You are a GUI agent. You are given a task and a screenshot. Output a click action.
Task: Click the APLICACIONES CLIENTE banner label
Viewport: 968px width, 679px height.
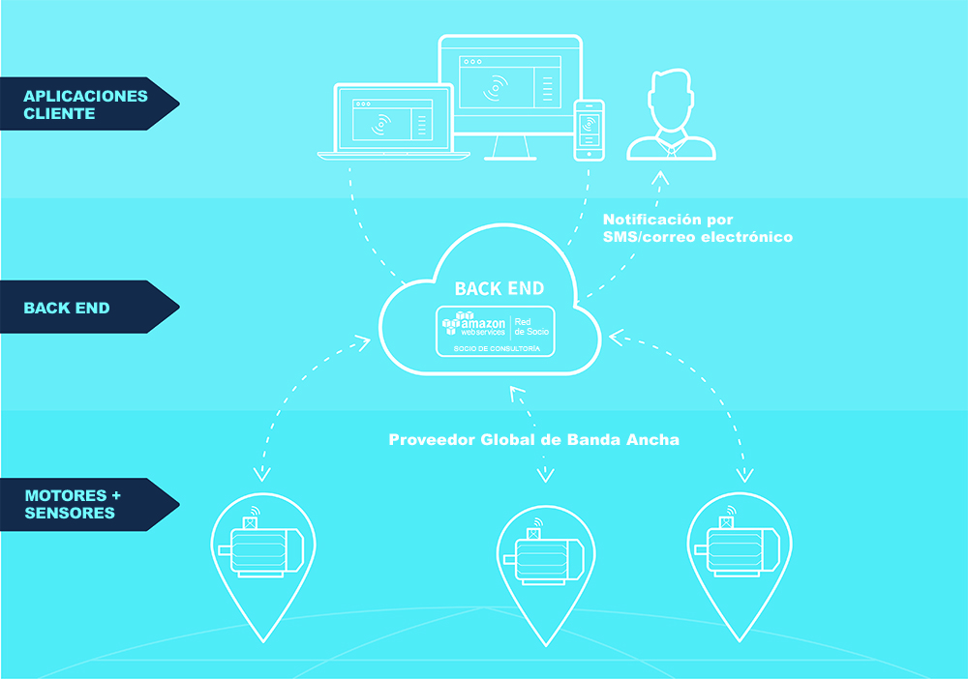pos(85,104)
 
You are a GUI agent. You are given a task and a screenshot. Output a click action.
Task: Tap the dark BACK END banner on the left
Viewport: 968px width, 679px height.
pos(85,308)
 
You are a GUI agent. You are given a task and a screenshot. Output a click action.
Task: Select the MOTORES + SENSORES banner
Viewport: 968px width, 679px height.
pos(85,505)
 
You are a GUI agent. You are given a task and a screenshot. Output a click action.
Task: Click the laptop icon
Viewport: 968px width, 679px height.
pos(393,122)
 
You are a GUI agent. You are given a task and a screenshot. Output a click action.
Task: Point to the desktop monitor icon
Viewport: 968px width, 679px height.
pos(510,97)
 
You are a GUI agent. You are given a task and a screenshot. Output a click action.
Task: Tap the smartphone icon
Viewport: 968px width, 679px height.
pos(589,131)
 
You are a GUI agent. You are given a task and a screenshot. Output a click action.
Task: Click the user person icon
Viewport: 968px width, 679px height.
pos(671,115)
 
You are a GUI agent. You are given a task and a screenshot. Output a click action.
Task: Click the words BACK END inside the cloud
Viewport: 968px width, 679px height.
pos(499,288)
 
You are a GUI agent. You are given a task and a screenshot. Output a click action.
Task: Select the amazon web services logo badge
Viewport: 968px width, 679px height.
pos(495,331)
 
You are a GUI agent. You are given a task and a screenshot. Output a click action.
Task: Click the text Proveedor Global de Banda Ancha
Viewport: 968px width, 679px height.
pos(534,440)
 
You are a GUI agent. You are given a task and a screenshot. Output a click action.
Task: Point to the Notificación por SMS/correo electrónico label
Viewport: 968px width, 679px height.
pos(698,228)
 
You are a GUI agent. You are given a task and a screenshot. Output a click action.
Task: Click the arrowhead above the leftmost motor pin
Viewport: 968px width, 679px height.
pos(262,474)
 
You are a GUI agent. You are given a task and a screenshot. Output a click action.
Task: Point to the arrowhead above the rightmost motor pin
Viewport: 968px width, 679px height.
pos(745,475)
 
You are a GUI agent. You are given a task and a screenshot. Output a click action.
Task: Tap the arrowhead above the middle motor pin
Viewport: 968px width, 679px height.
pos(545,475)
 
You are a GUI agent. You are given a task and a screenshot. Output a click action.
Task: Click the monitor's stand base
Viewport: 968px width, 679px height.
pos(510,159)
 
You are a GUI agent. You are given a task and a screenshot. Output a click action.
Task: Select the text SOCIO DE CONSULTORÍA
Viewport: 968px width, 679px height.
pos(497,349)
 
